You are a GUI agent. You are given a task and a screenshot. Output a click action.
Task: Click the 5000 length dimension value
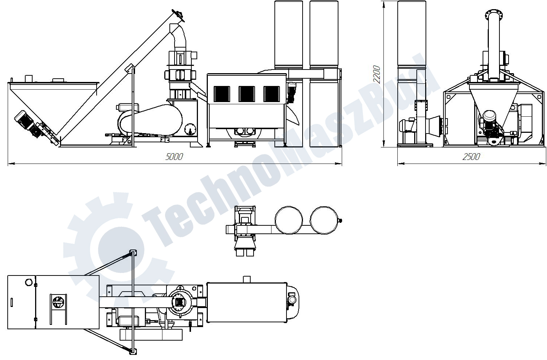click(174, 157)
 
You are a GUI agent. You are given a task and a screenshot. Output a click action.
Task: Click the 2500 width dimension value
click(471, 157)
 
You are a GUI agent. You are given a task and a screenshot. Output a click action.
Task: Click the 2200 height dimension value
click(377, 74)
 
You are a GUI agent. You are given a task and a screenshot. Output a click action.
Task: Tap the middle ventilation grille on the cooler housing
click(247, 94)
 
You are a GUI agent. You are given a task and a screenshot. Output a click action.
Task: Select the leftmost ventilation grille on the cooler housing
click(222, 94)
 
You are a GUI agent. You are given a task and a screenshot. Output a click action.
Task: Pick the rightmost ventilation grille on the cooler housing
click(271, 94)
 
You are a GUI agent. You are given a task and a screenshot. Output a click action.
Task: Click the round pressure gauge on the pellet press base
click(190, 129)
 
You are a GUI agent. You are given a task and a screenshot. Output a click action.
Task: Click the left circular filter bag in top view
click(289, 220)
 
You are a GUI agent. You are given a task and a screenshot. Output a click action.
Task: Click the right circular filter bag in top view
click(324, 220)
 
